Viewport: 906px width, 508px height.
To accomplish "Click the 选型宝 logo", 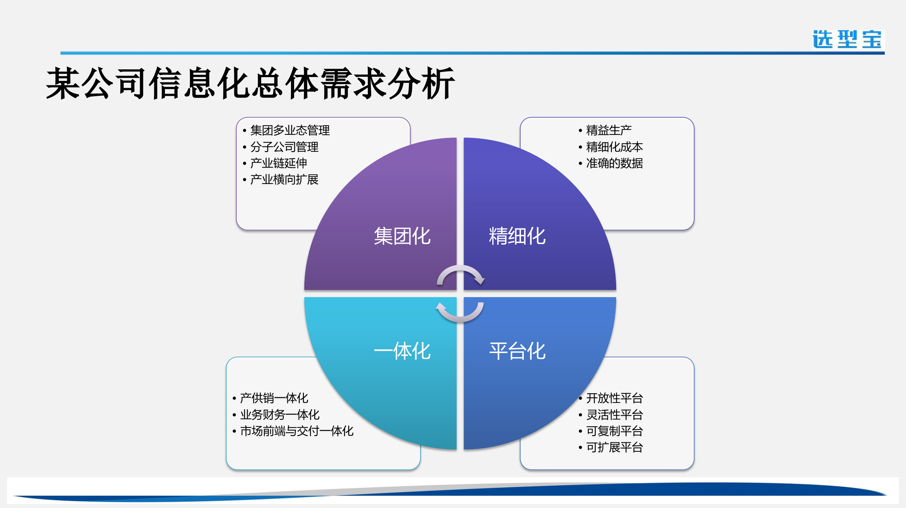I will tap(847, 39).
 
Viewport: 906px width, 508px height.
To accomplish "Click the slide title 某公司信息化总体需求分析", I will tap(250, 83).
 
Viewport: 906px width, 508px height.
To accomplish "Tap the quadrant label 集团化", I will tap(402, 236).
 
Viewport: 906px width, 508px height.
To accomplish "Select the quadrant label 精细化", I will tap(517, 236).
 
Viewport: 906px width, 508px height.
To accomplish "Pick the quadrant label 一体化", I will tap(402, 351).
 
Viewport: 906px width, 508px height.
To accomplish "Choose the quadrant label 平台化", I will tap(517, 351).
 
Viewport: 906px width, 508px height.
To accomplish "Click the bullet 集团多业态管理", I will tap(289, 130).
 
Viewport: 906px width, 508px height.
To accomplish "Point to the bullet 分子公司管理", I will tap(284, 147).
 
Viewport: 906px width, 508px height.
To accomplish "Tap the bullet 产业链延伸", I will tap(278, 163).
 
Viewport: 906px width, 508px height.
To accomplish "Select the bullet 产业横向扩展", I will tap(284, 179).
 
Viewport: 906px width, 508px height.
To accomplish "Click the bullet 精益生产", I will tap(608, 130).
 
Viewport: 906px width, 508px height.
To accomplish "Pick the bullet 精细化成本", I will tap(614, 147).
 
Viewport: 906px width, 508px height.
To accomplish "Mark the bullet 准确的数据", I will tap(614, 163).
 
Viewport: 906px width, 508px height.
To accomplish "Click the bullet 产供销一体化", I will tap(274, 398).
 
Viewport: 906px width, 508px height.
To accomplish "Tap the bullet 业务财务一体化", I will tap(280, 414).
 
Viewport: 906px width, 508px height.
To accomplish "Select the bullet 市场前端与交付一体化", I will tap(297, 431).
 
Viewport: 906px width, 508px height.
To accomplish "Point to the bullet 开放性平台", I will tap(614, 398).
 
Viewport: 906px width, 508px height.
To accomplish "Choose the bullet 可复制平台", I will tap(614, 431).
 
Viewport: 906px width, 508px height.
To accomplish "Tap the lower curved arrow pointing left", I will tap(460, 313).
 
